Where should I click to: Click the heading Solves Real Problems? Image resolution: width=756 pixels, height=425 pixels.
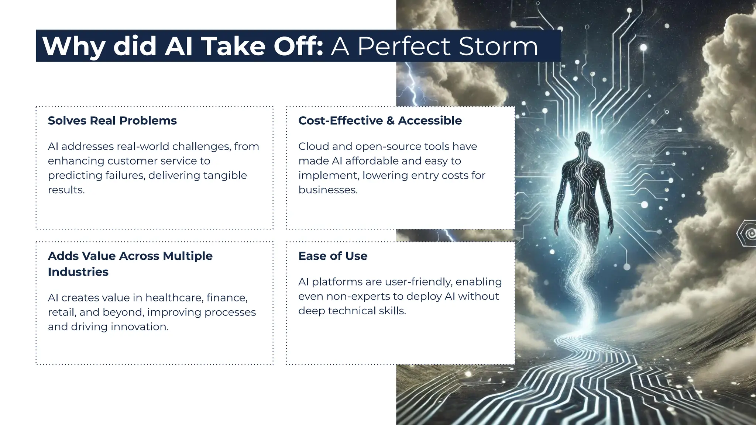112,121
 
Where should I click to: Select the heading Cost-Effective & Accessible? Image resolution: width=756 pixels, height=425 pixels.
380,121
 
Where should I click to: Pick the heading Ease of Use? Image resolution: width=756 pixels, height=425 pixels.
333,256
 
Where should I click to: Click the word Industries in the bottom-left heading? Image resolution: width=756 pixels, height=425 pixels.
78,272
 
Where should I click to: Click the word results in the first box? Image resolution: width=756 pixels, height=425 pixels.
65,190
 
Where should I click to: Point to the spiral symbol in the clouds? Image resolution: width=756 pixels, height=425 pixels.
749,234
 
